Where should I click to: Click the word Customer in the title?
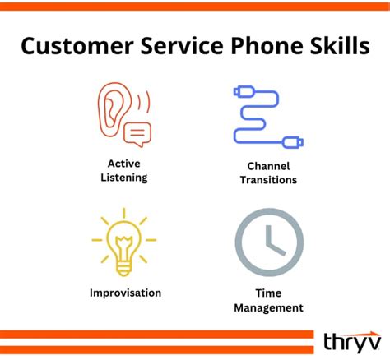click(x=72, y=46)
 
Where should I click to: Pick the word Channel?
click(x=269, y=165)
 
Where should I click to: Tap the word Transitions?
click(x=269, y=179)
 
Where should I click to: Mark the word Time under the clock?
click(x=269, y=293)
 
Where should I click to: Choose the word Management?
click(x=269, y=307)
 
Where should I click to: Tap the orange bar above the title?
click(x=195, y=7)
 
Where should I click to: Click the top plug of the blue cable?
click(x=244, y=90)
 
